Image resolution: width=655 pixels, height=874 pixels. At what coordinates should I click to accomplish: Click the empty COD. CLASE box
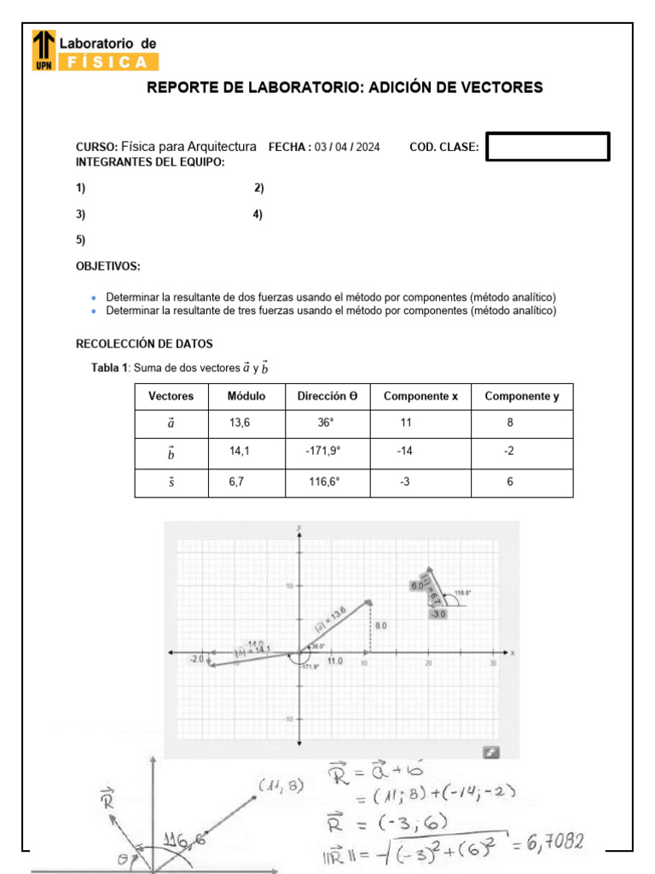(x=548, y=147)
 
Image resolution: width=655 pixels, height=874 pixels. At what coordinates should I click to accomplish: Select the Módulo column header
(x=246, y=396)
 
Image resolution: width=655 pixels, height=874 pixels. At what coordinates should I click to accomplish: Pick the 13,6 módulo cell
(x=240, y=422)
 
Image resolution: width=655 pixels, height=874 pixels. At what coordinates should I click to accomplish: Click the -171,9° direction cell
(x=323, y=452)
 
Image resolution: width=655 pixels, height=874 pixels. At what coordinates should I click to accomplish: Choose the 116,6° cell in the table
(x=323, y=481)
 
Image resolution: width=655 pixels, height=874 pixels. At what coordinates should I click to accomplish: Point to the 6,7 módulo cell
(x=237, y=481)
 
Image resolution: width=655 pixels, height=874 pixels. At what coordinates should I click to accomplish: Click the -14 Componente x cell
(x=404, y=452)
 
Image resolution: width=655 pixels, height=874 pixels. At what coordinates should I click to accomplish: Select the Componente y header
(x=522, y=396)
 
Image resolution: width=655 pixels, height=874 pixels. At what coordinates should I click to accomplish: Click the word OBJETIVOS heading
(x=108, y=266)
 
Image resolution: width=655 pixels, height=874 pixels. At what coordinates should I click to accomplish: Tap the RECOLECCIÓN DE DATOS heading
(x=144, y=344)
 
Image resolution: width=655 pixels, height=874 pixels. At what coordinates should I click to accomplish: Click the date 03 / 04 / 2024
(x=347, y=147)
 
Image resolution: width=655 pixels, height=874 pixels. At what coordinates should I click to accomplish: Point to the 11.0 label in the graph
(x=335, y=661)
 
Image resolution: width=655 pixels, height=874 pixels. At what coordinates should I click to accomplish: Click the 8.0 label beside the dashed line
(x=380, y=626)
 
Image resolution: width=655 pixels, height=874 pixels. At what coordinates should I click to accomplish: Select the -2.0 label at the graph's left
(x=196, y=658)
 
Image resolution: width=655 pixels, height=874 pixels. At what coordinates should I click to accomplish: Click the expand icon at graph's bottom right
(x=490, y=751)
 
